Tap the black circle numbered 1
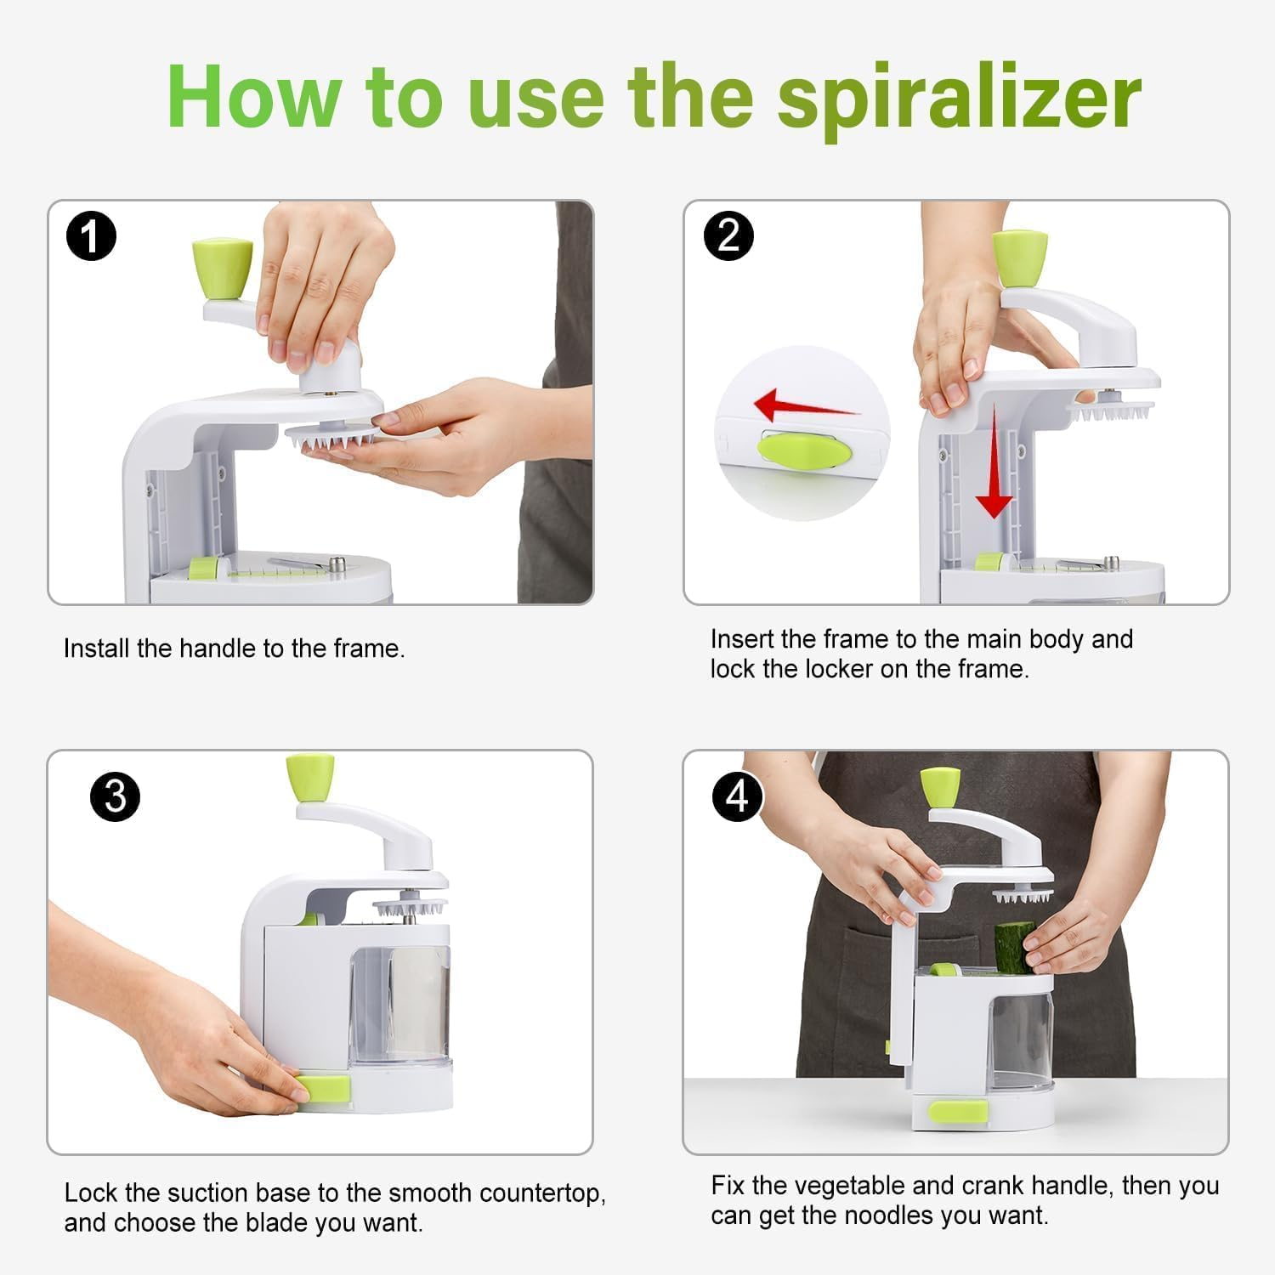point(91,236)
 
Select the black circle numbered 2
point(728,235)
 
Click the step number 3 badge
point(115,796)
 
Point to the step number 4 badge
point(736,796)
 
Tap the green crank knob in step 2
point(1019,258)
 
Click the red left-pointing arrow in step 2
point(803,405)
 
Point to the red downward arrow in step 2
point(993,476)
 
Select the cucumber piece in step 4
point(1014,947)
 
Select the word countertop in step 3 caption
point(542,1193)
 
